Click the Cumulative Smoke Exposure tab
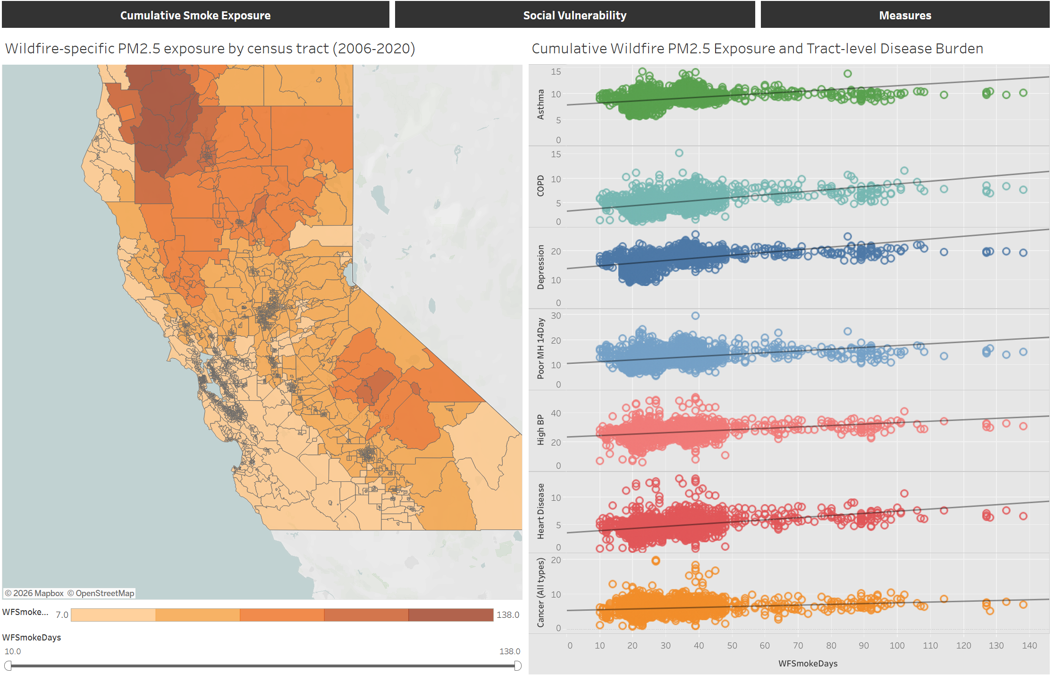pos(195,15)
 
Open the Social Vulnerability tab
pos(574,15)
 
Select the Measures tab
pos(905,15)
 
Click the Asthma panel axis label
pos(540,104)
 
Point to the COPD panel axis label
pos(540,185)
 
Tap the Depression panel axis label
pos(540,267)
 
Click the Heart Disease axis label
pos(540,511)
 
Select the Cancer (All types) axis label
pos(540,593)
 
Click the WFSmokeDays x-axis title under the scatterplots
pos(808,663)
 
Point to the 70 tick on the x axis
pos(798,646)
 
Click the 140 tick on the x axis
pos(1029,646)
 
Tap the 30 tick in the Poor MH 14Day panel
pos(556,315)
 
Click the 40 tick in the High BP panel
pos(556,413)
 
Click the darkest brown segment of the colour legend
pos(451,615)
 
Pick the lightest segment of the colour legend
pos(113,615)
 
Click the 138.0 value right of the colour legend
pos(508,615)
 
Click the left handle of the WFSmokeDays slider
pos(8,665)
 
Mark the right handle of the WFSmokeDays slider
pos(518,665)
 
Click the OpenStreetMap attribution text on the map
pos(105,593)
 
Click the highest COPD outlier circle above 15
pos(679,153)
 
